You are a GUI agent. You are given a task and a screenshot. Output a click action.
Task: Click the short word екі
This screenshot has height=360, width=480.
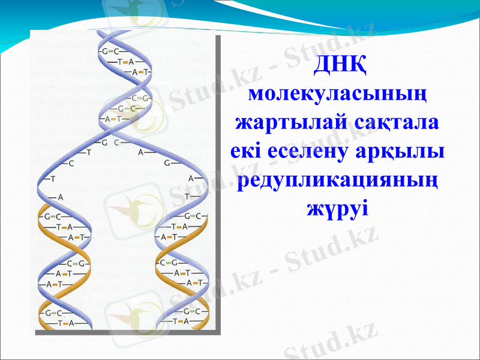tap(247, 151)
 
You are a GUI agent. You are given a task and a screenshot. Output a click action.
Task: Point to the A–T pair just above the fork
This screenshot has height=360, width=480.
tap(113, 119)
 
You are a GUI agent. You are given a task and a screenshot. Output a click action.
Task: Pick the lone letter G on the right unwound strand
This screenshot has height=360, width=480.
tap(168, 163)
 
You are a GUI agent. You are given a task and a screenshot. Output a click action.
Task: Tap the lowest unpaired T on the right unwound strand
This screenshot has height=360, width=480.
tap(188, 196)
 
